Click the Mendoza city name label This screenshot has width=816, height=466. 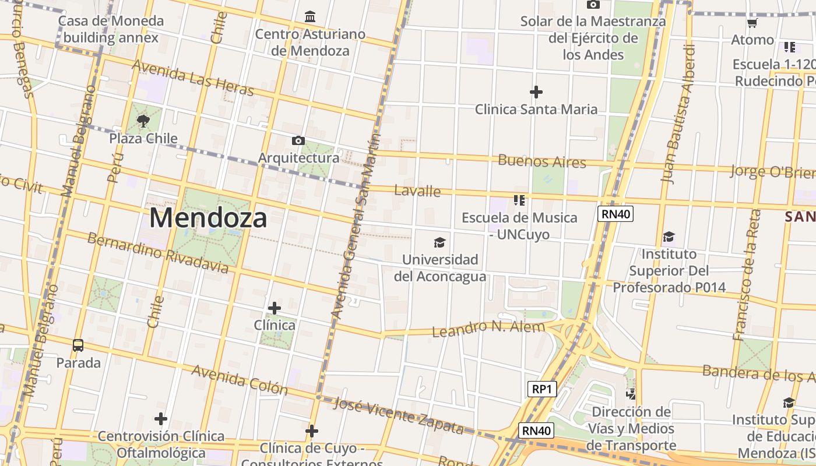point(208,218)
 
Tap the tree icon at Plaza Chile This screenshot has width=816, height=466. point(143,121)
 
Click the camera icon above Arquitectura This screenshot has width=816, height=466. point(298,140)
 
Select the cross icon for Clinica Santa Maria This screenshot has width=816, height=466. point(536,91)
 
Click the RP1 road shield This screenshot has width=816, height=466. point(541,389)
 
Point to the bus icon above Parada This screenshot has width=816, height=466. point(78,345)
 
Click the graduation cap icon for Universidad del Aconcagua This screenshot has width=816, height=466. point(439,242)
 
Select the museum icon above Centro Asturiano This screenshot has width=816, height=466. point(310,16)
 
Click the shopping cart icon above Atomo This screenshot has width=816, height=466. point(752,23)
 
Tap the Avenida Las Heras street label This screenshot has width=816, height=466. point(193,77)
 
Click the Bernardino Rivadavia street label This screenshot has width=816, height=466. point(157,253)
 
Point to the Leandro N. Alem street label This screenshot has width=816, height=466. point(488,328)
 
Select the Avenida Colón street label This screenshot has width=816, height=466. point(239,379)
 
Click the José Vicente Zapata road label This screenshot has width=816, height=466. point(399,416)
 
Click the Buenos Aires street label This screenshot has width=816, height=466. point(541,161)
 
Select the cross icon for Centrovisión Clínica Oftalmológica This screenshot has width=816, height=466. point(161,418)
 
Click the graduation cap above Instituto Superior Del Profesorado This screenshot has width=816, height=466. point(669,236)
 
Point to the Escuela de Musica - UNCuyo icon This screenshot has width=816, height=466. point(519,200)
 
